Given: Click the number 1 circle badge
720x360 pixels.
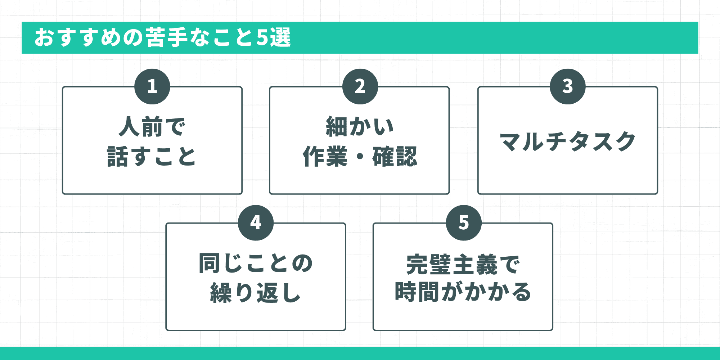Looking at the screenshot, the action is [x=152, y=86].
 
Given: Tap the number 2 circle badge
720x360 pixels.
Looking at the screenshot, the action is [x=360, y=86].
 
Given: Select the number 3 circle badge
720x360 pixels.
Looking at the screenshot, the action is [x=568, y=86].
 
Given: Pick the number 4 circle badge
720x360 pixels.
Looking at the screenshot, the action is [x=256, y=223].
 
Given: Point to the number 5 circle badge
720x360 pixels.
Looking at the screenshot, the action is [x=464, y=223].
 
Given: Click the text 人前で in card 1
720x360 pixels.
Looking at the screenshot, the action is [x=152, y=127].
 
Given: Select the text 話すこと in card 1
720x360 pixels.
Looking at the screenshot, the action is [x=152, y=157].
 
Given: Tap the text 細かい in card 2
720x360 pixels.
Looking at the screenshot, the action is [x=360, y=127].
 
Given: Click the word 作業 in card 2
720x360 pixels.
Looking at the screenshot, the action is [x=325, y=157].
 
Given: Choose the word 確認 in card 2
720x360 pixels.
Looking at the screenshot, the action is [x=395, y=157].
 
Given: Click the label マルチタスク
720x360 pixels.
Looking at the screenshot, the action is [x=568, y=141].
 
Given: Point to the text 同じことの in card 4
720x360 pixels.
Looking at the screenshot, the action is [x=256, y=263].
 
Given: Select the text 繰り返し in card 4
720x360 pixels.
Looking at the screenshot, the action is [x=256, y=293].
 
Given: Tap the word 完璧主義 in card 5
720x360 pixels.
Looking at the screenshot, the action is [x=452, y=265].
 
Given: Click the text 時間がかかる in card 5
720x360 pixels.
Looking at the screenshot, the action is [x=463, y=292].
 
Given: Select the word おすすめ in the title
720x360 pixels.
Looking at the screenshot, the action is [x=78, y=37].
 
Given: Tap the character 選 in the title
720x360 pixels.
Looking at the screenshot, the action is [x=280, y=37].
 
